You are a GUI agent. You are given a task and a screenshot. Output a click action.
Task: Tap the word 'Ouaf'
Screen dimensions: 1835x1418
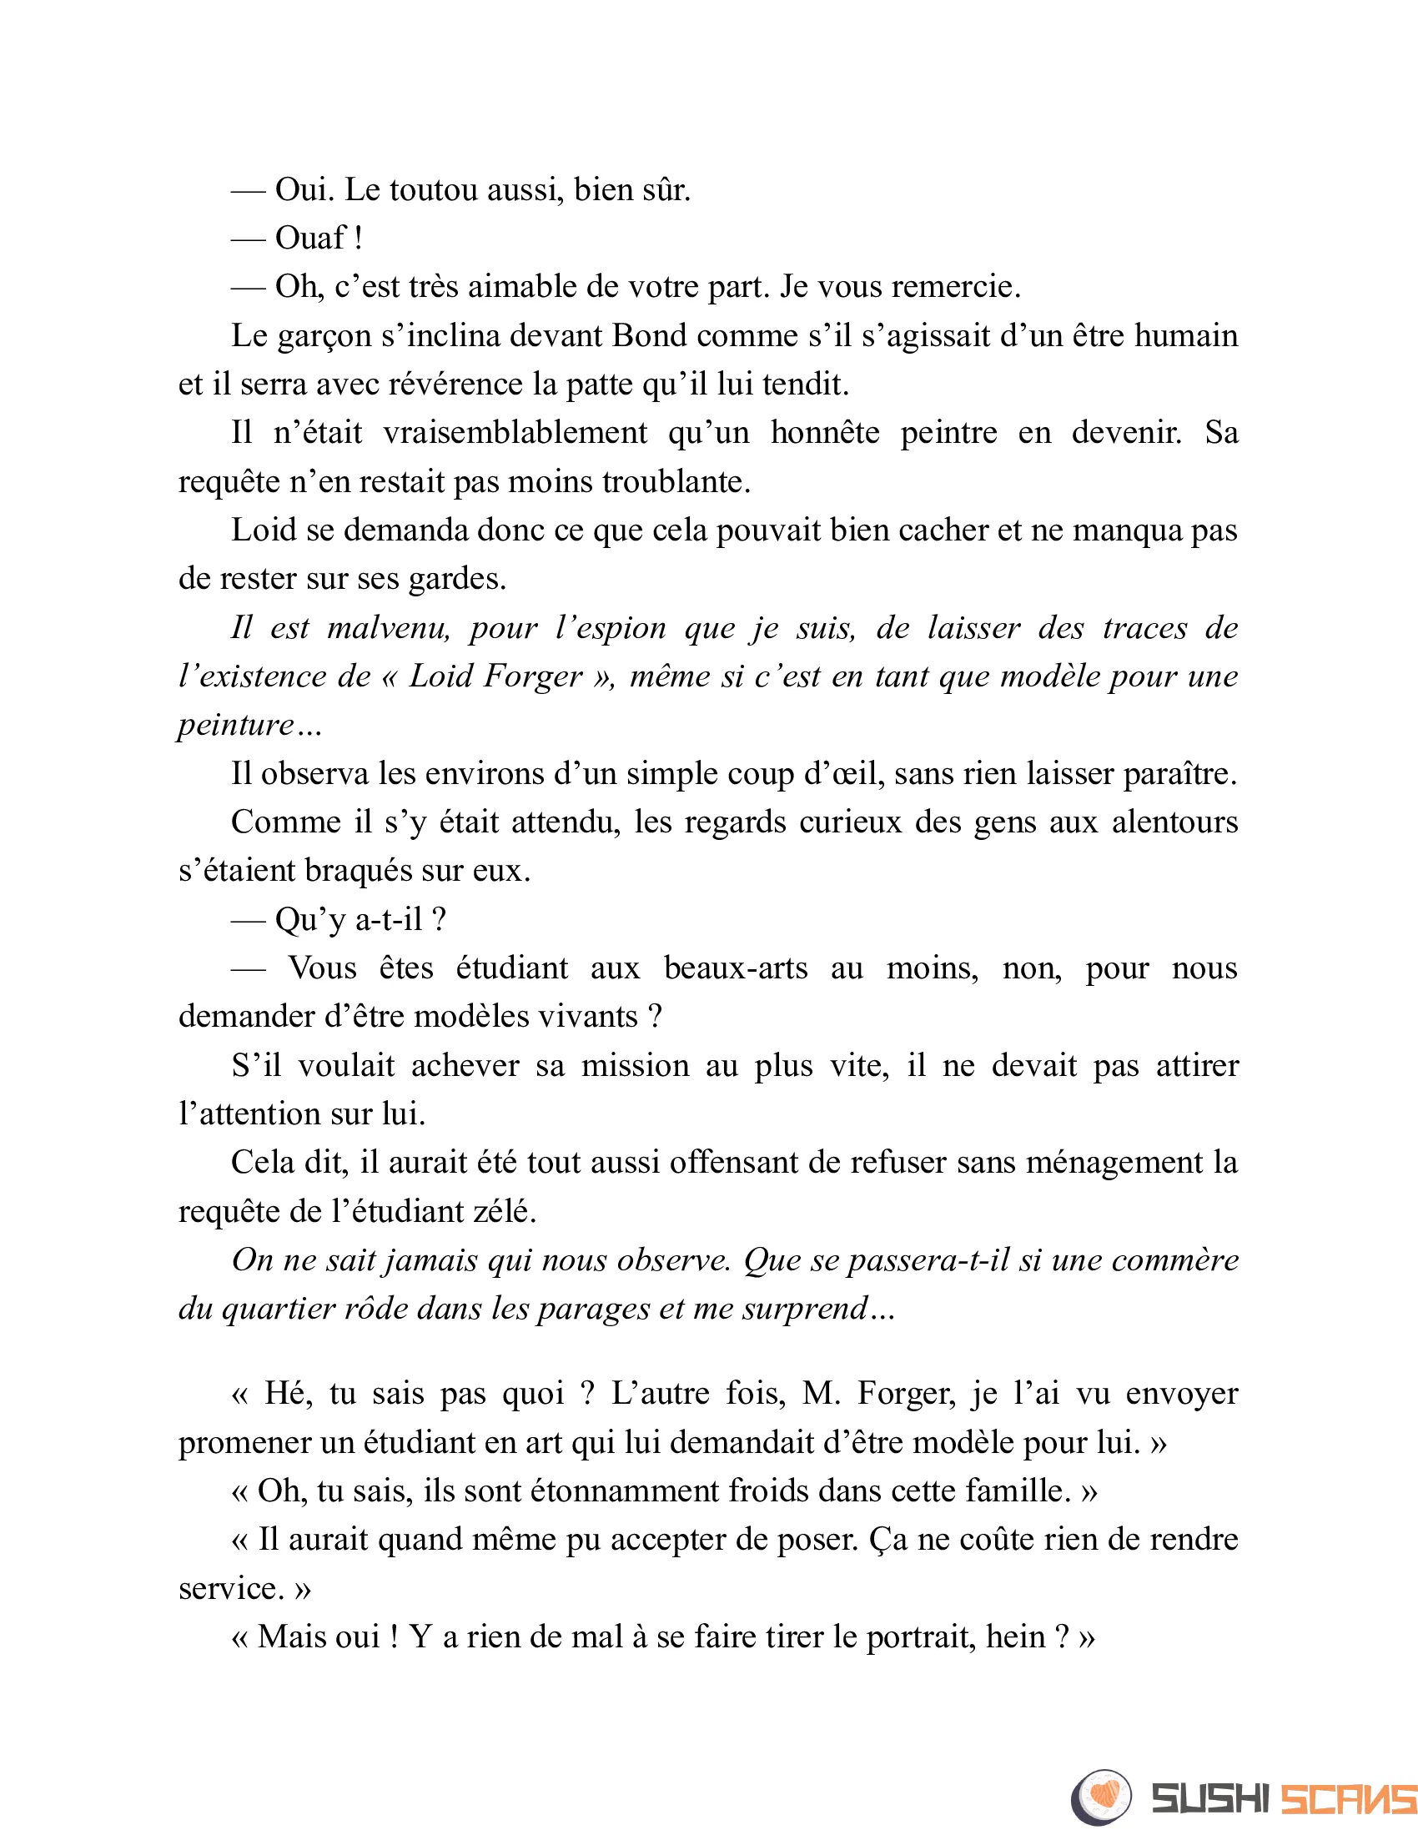pos(310,239)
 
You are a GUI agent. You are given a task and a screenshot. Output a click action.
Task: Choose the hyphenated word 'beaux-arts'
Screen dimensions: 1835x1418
pos(735,968)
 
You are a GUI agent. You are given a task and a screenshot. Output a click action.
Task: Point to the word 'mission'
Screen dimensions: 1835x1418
pos(635,1066)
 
